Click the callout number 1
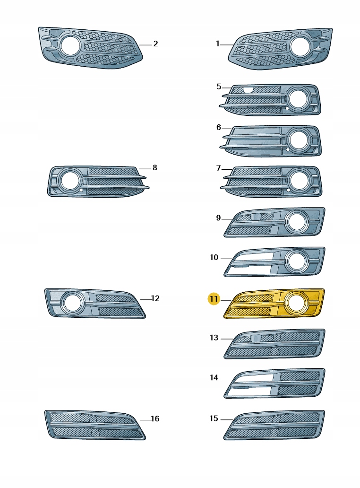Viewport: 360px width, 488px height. point(218,44)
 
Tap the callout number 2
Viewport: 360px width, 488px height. point(155,44)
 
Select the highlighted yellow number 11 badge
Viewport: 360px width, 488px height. point(214,299)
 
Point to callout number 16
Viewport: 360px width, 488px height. point(155,419)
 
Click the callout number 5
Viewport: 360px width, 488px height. point(219,87)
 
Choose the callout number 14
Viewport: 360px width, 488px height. point(214,378)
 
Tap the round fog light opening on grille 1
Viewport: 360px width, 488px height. point(300,46)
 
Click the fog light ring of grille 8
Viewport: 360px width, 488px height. point(70,180)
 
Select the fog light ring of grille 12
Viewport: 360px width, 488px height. point(72,302)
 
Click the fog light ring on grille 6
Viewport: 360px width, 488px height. point(299,140)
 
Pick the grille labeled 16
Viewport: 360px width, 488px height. point(94,425)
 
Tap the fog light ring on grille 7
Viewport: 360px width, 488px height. point(299,181)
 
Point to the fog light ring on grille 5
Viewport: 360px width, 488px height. point(299,99)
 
